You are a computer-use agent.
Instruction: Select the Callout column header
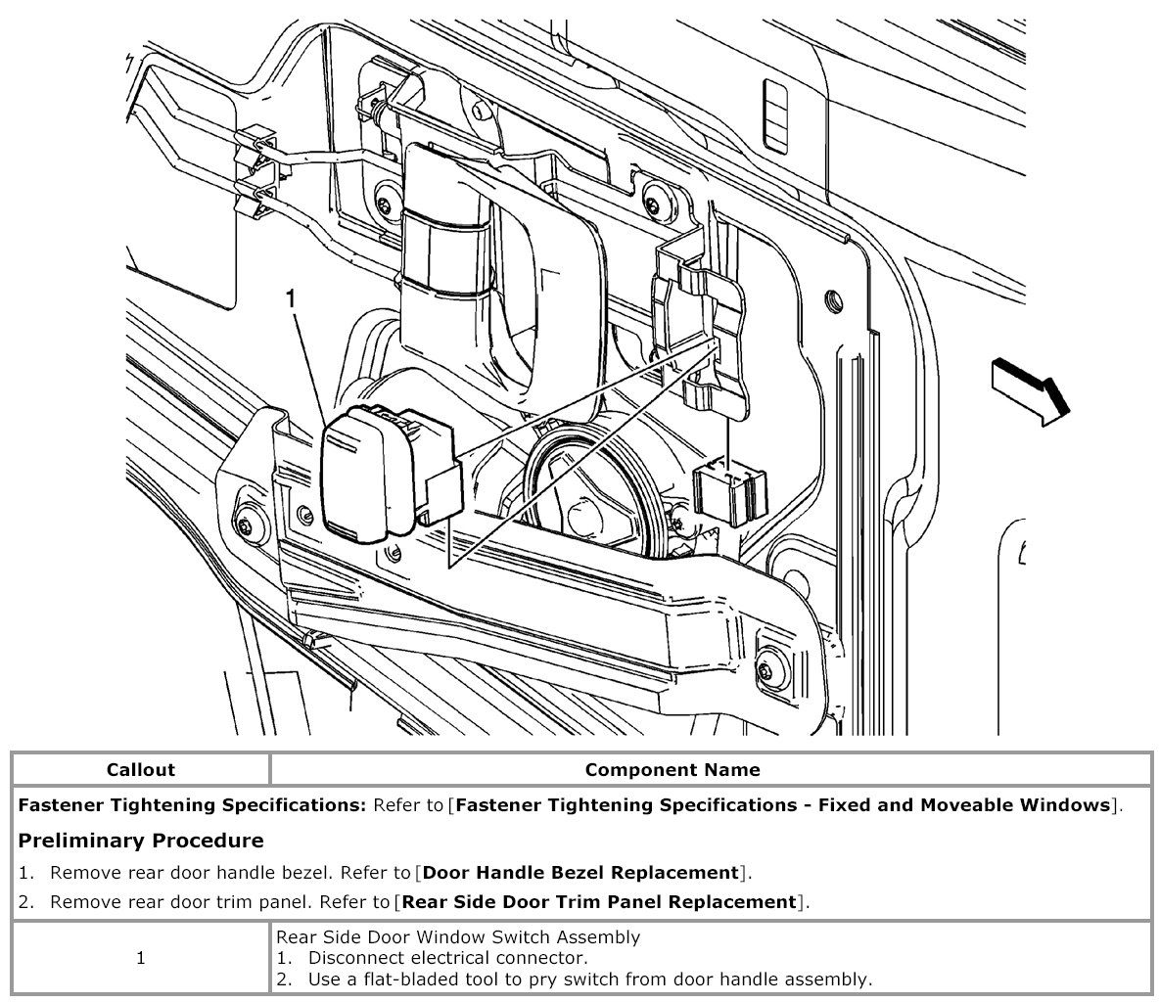141,769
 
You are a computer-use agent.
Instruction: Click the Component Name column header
672,769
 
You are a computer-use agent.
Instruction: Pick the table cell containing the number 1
141,957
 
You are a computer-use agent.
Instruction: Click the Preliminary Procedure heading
141,840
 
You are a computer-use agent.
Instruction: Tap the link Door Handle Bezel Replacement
582,871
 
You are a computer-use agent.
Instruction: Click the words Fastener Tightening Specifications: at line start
192,805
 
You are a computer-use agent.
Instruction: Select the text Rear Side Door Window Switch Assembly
458,936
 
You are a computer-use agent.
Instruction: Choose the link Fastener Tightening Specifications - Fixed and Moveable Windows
783,805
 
